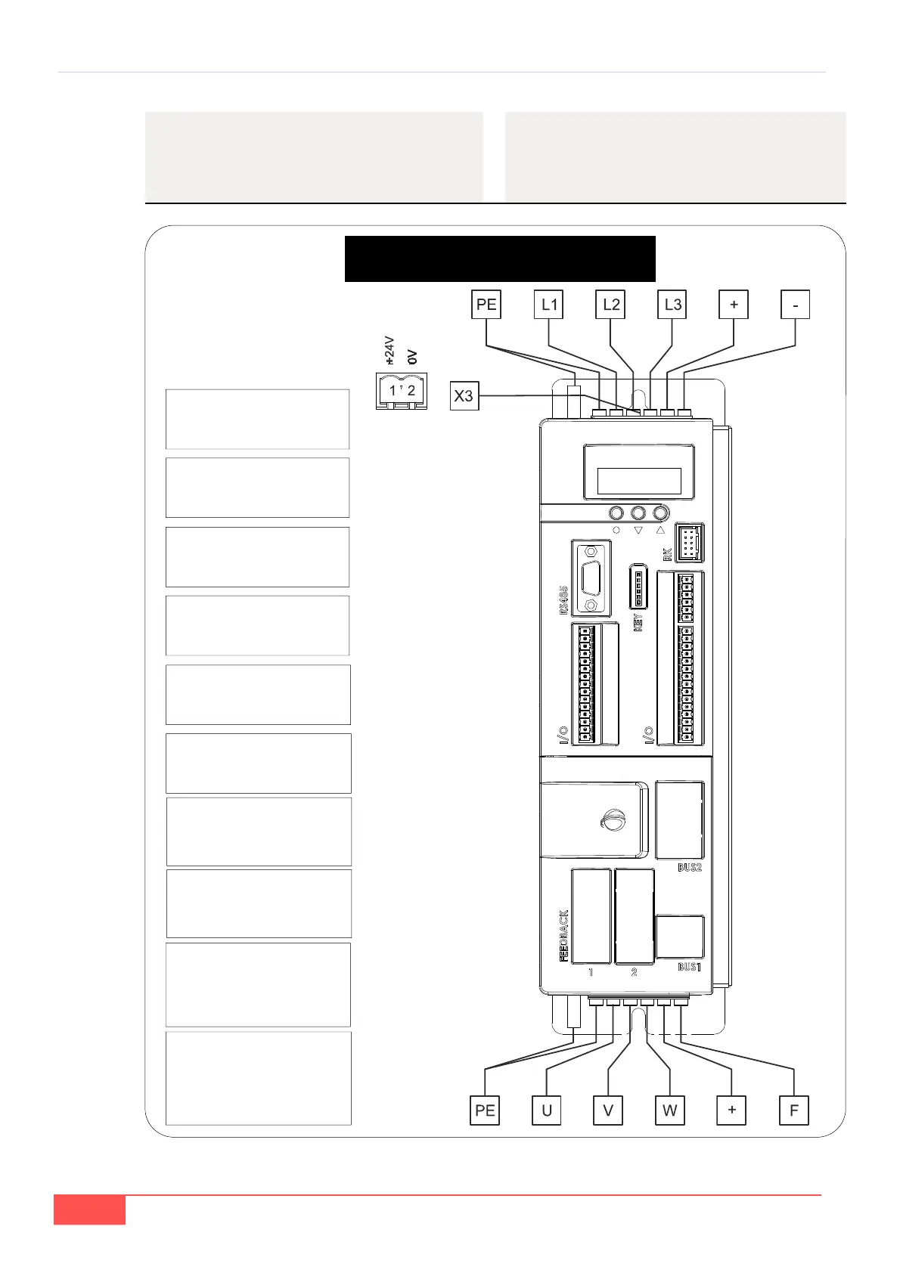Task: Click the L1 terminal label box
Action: click(549, 305)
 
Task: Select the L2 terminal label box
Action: click(610, 305)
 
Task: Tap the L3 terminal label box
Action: click(672, 305)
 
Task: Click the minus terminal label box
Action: click(795, 305)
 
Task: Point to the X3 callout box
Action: click(464, 395)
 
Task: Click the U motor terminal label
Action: click(547, 1110)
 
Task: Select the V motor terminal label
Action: click(608, 1110)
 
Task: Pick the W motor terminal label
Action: click(669, 1110)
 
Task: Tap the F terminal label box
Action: click(793, 1110)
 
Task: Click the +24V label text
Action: click(389, 351)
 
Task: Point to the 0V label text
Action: click(412, 356)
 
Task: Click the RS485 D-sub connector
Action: click(591, 578)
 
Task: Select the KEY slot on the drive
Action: click(638, 586)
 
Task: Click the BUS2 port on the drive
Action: click(679, 820)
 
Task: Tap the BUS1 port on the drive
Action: click(679, 937)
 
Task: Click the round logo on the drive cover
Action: click(613, 820)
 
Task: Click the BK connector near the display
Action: click(688, 543)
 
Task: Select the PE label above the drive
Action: click(486, 305)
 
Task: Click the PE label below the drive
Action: click(485, 1110)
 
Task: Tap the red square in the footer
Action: click(89, 1210)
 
